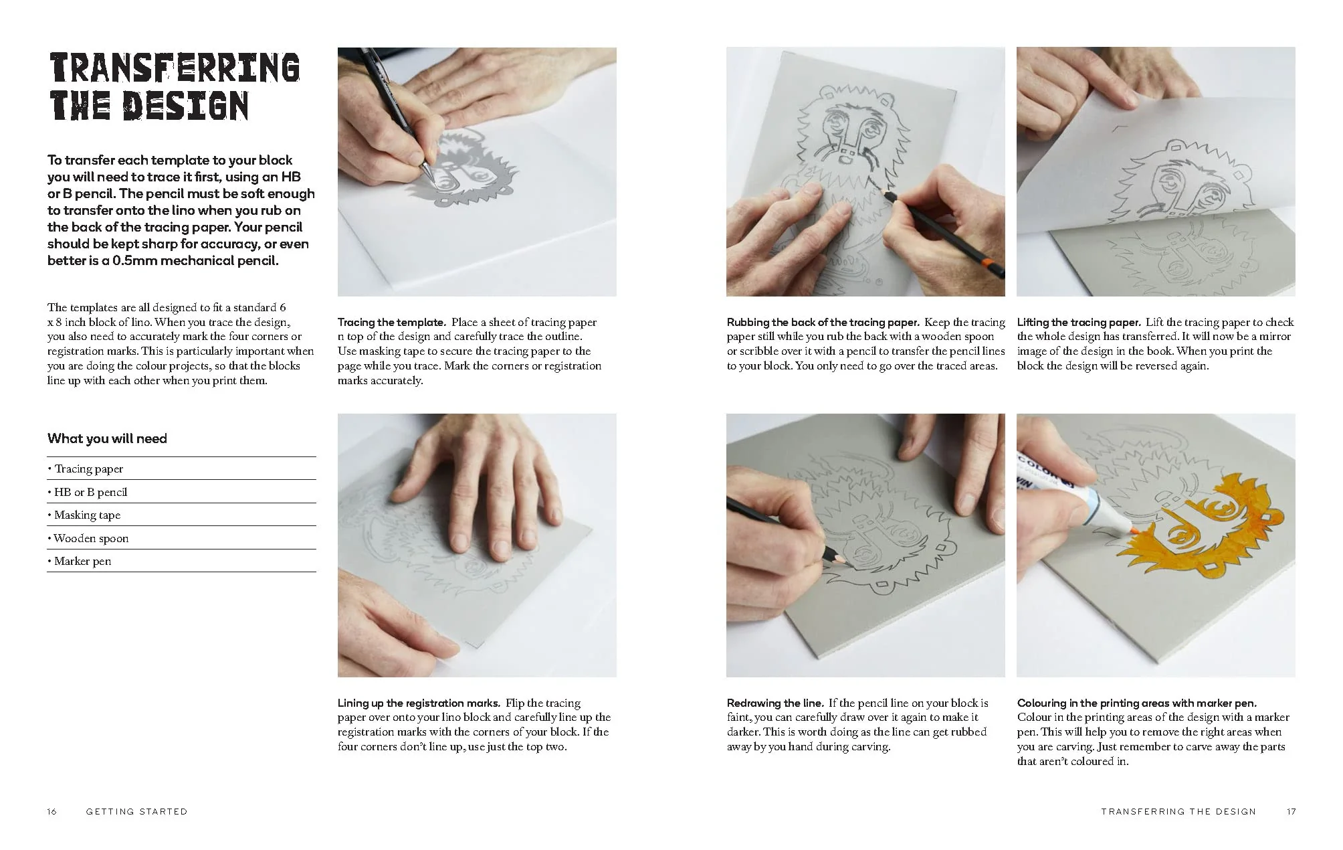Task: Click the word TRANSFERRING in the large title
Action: tap(175, 68)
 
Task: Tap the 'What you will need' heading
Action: tap(107, 438)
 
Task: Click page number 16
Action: tap(52, 811)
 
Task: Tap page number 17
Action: tap(1291, 811)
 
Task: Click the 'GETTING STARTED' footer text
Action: tap(136, 811)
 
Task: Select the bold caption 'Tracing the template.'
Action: tap(391, 322)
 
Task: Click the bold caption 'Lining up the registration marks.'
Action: tap(419, 703)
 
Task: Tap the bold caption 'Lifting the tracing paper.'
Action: tap(1079, 322)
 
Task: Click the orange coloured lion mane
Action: tap(1204, 535)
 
